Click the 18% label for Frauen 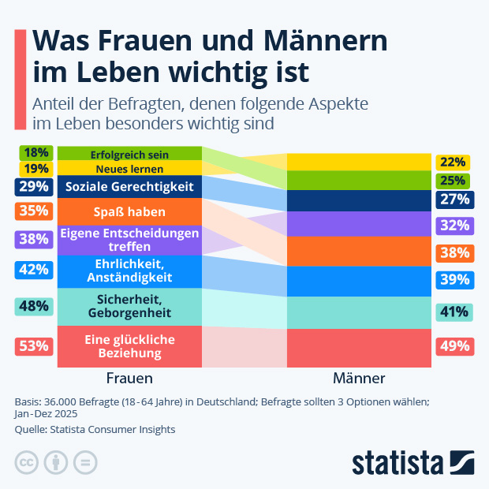click(36, 153)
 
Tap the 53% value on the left click(33, 345)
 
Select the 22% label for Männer click(453, 162)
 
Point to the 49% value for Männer click(454, 345)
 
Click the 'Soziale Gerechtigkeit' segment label click(129, 187)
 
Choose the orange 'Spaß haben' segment click(129, 211)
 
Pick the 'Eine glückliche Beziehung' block click(129, 345)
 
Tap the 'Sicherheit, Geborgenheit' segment click(129, 305)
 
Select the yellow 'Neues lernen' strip click(129, 169)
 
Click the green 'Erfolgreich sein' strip click(129, 154)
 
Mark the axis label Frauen click(129, 378)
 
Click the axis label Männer click(359, 378)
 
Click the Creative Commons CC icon click(27, 462)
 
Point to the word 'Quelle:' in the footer click(32, 429)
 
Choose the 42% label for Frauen click(33, 270)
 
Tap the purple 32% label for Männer click(454, 225)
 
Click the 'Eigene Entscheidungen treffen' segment click(129, 239)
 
